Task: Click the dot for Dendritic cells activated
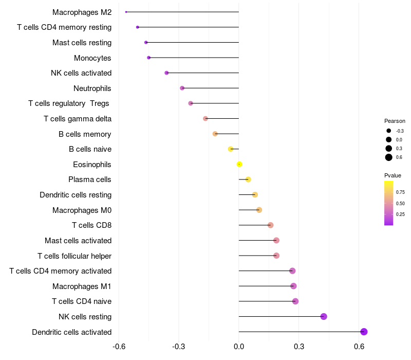(x=364, y=332)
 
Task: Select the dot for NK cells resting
(x=324, y=316)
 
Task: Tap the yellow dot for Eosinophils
(x=239, y=165)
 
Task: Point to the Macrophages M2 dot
(x=126, y=12)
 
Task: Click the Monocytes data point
(x=149, y=58)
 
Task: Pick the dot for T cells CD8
(x=271, y=225)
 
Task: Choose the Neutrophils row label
(x=92, y=88)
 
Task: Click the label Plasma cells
(x=90, y=179)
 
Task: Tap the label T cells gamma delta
(x=78, y=119)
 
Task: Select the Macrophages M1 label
(x=82, y=286)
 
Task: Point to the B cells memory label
(x=85, y=134)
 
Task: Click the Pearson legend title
(x=395, y=121)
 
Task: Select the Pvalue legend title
(x=393, y=175)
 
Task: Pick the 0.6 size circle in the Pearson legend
(x=389, y=157)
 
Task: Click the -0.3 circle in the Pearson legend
(x=389, y=131)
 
